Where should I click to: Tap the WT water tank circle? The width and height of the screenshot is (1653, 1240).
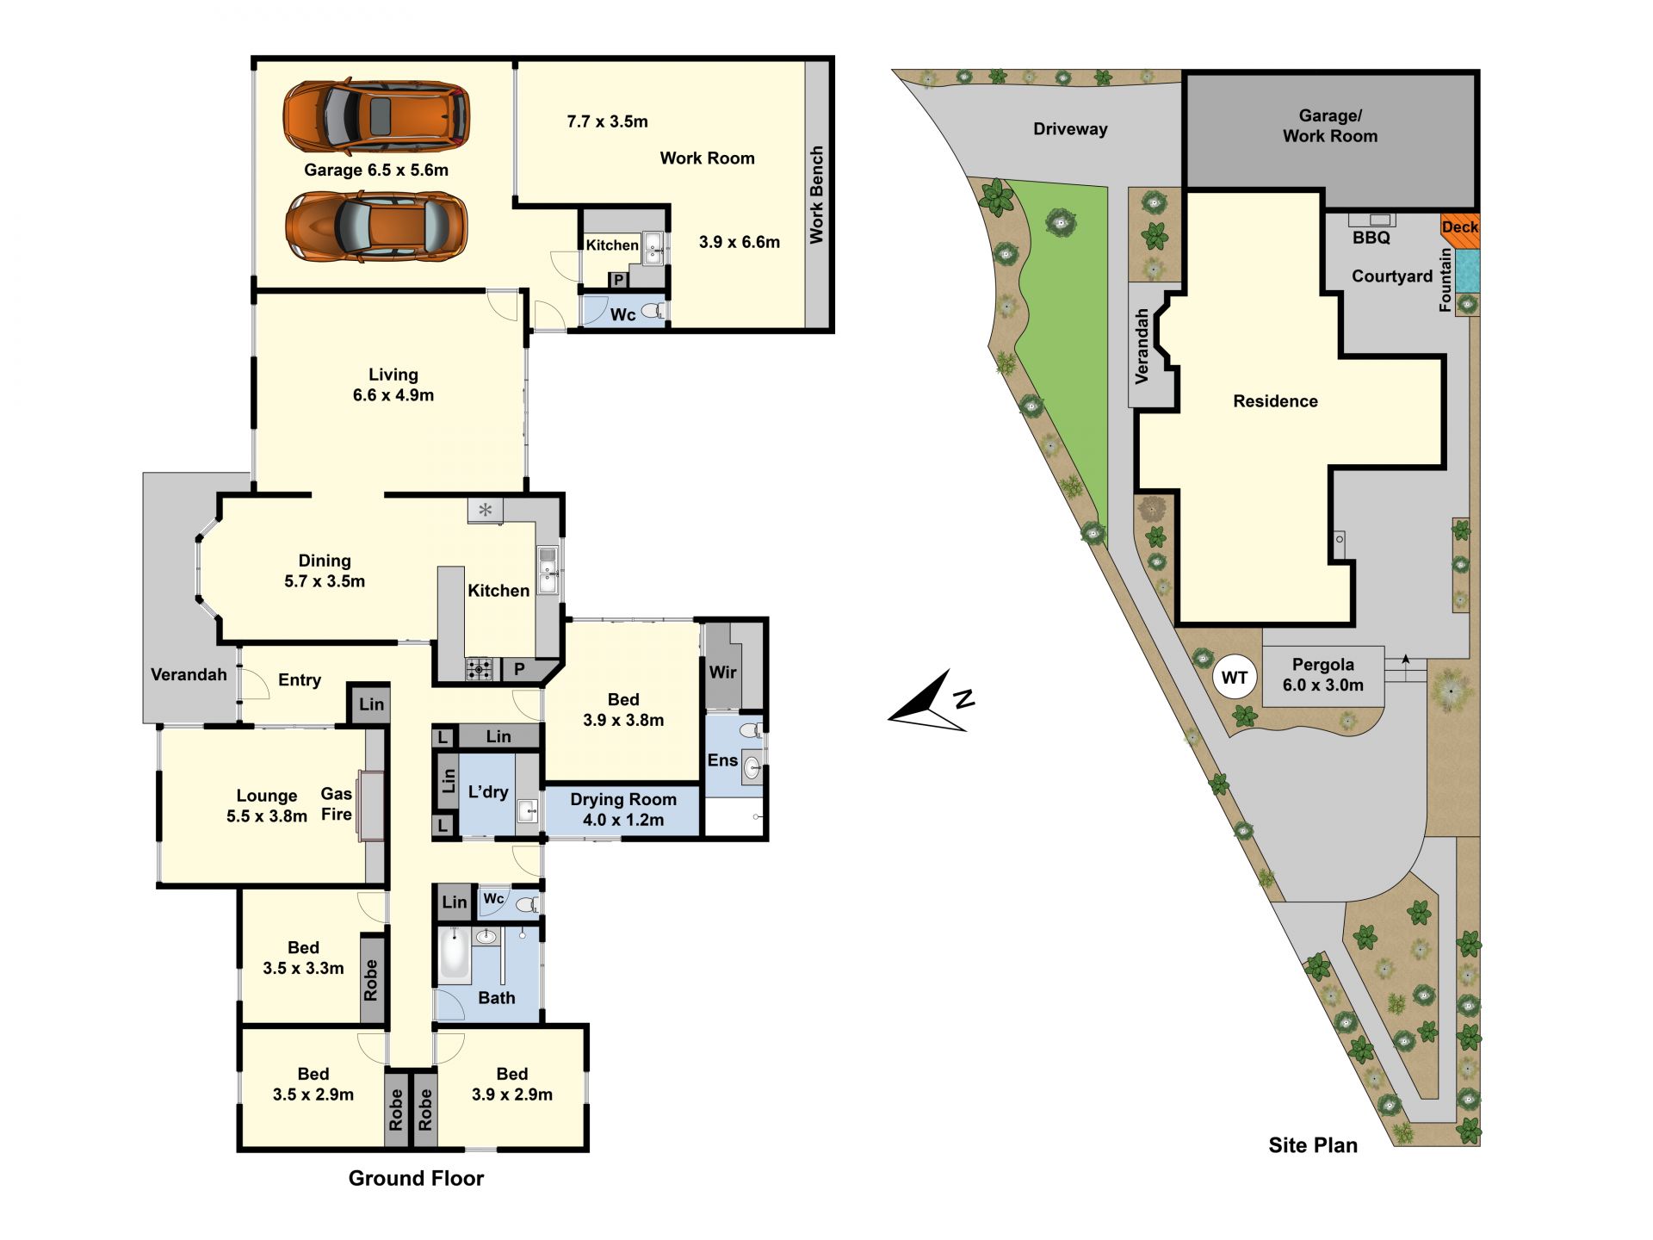(x=1235, y=678)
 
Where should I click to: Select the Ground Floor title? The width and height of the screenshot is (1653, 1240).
(x=416, y=1178)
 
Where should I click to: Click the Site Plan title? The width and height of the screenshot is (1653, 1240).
(x=1313, y=1145)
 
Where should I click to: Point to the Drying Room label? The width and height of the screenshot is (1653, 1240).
(x=623, y=799)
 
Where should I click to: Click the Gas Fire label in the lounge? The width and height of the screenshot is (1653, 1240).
(x=337, y=804)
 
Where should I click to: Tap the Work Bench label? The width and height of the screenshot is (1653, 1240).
(x=817, y=195)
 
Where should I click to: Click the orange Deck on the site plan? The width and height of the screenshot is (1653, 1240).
(x=1459, y=230)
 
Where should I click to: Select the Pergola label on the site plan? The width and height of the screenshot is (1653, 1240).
(x=1323, y=665)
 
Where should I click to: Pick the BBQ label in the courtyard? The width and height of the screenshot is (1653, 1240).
(x=1371, y=238)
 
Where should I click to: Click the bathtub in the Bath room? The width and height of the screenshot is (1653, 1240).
(x=455, y=956)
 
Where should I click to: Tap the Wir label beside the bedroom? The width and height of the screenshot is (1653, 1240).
(x=723, y=672)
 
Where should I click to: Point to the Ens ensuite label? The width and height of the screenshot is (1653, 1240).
(x=722, y=759)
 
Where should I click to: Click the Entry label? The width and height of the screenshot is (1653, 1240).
(x=300, y=680)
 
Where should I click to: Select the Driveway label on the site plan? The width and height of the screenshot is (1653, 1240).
(x=1070, y=129)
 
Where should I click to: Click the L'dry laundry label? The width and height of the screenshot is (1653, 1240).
(x=488, y=792)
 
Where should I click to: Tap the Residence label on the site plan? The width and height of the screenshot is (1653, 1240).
(x=1275, y=401)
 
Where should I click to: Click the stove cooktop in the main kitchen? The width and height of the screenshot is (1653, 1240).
(x=480, y=668)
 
